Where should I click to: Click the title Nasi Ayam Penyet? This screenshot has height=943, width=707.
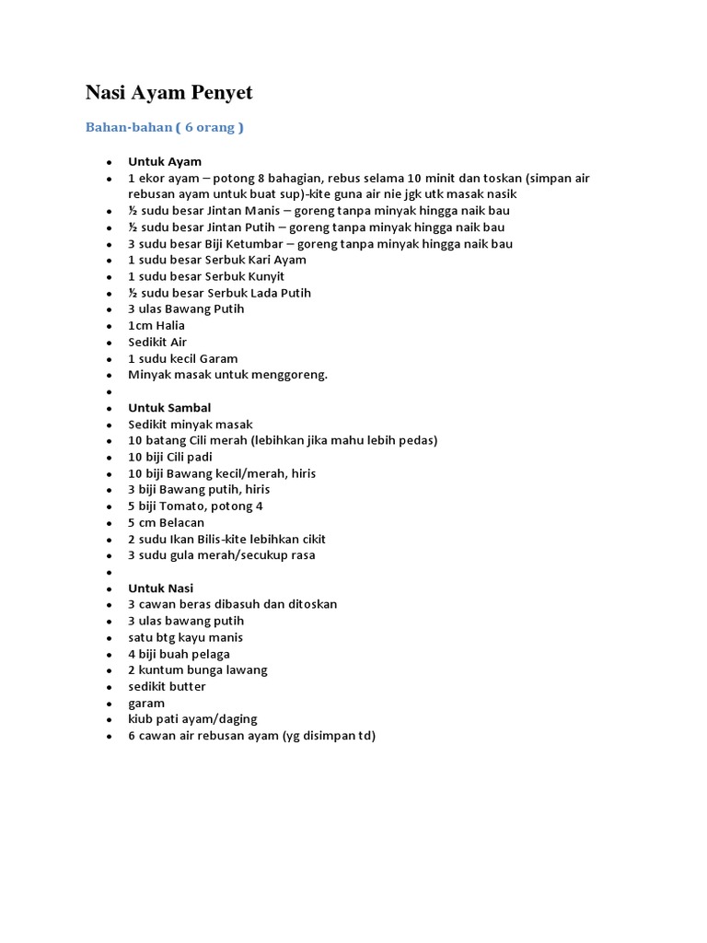[x=168, y=93]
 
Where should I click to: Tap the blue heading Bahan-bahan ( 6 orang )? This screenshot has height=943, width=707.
[x=165, y=127]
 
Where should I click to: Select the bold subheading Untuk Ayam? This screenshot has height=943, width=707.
[x=165, y=162]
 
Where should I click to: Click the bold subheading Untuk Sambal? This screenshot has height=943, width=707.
[x=169, y=408]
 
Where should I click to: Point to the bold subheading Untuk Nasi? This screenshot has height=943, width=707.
[x=161, y=588]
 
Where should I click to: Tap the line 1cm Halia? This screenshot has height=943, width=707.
[x=156, y=326]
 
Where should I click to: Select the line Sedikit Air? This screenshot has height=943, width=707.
[x=157, y=343]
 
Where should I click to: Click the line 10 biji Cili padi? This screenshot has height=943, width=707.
[x=170, y=457]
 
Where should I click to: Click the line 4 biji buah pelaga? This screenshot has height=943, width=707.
[x=180, y=654]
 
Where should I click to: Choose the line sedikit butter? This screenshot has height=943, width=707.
[x=168, y=687]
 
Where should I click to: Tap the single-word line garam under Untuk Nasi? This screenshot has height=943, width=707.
[x=146, y=704]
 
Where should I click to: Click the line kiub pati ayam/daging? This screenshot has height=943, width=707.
[x=193, y=719]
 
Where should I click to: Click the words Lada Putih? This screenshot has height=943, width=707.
[x=278, y=293]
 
